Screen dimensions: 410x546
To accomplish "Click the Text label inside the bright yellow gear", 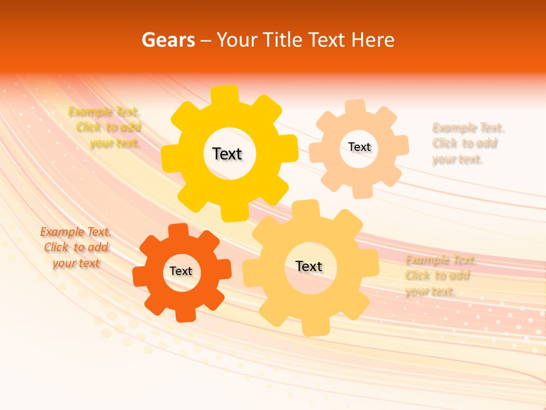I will [x=227, y=154].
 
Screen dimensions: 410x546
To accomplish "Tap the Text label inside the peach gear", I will [x=359, y=147].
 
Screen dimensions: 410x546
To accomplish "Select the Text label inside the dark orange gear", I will [x=181, y=271].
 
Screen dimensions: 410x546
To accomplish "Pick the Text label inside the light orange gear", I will [x=309, y=266].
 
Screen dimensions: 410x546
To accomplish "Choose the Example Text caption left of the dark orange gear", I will [x=76, y=247].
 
